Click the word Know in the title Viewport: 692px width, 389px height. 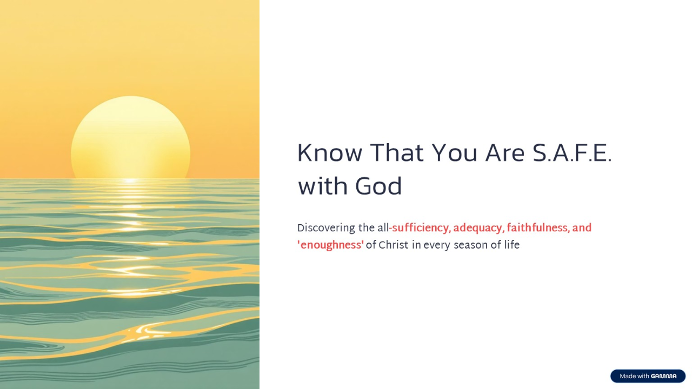329,153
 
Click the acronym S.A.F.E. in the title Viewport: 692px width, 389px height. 572,153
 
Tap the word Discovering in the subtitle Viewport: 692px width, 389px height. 325,228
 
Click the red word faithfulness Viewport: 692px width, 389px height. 537,228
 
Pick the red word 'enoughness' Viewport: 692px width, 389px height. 330,245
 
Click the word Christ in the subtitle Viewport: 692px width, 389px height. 393,245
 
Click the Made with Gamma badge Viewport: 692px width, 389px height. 648,376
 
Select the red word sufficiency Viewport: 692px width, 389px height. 420,228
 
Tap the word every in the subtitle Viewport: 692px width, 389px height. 436,245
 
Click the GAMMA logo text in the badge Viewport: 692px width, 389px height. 663,376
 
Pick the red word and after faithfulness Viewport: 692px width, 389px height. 582,228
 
